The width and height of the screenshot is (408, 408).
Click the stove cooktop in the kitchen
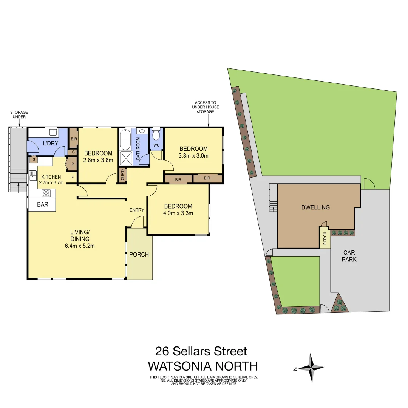46,193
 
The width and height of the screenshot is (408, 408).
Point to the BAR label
42,205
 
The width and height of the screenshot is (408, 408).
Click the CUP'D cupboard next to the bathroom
122,176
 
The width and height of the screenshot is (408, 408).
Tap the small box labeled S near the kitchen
33,159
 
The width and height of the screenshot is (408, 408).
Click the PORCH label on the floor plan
139,254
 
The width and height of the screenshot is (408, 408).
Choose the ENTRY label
136,210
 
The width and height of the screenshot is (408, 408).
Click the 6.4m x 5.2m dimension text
80,246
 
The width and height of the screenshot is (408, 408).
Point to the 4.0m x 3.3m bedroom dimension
178,213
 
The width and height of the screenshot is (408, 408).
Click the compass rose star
311,368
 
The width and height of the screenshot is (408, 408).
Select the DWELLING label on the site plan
315,207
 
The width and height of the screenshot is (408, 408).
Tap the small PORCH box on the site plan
325,238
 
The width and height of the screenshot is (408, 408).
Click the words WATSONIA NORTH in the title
203,366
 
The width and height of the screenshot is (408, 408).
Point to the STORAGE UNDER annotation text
19,114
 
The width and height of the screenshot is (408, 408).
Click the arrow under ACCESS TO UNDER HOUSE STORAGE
209,121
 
